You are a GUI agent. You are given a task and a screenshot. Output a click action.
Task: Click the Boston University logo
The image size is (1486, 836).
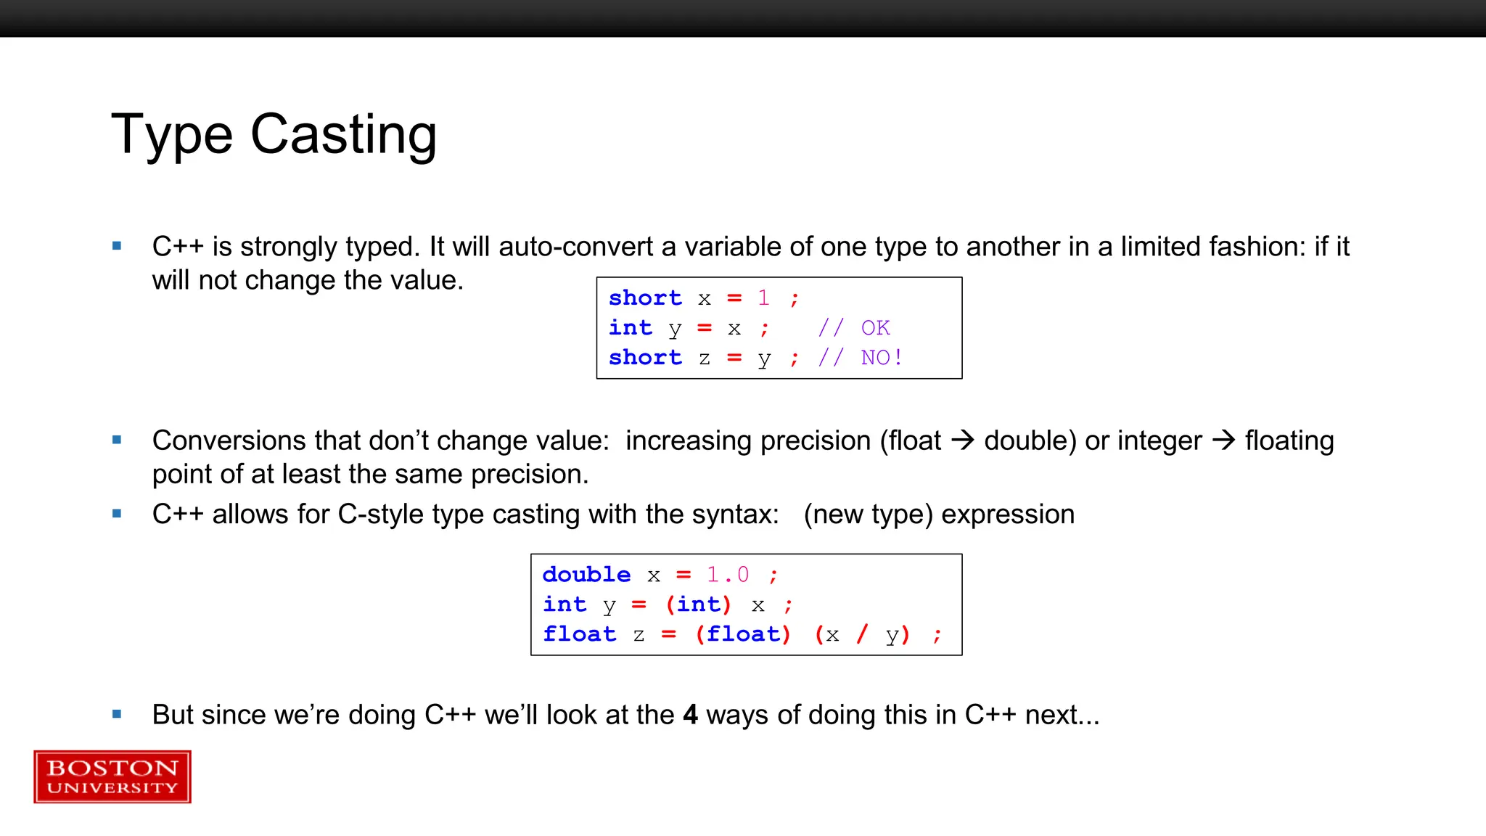(x=112, y=776)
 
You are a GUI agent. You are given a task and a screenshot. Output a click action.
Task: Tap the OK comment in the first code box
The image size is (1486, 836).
(x=875, y=328)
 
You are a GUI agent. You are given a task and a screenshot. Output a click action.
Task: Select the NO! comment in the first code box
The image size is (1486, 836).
(x=881, y=358)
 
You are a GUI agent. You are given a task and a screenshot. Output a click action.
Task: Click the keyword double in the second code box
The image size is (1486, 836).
(x=586, y=575)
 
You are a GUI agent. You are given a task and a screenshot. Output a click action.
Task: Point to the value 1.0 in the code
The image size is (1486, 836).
(x=728, y=575)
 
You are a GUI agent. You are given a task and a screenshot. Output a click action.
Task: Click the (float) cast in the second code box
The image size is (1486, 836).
(x=743, y=634)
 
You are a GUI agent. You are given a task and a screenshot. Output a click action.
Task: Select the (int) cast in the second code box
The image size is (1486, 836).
(x=698, y=605)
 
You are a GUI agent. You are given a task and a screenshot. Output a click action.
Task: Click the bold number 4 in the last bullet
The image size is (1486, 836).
(x=690, y=715)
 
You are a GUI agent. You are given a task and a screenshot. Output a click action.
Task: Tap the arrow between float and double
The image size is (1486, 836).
(x=962, y=440)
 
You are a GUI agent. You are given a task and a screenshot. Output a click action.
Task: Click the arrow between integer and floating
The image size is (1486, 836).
(x=1223, y=440)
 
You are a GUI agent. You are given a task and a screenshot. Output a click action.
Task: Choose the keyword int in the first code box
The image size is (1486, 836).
(x=630, y=328)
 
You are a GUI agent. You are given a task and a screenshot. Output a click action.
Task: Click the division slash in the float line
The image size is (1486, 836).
(x=862, y=634)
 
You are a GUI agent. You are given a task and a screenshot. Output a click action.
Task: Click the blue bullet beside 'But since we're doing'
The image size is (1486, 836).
(x=117, y=715)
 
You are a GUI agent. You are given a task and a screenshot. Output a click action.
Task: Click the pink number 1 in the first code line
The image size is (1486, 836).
(x=763, y=298)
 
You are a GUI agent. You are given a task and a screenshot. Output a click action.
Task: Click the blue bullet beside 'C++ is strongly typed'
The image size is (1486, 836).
(x=117, y=247)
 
